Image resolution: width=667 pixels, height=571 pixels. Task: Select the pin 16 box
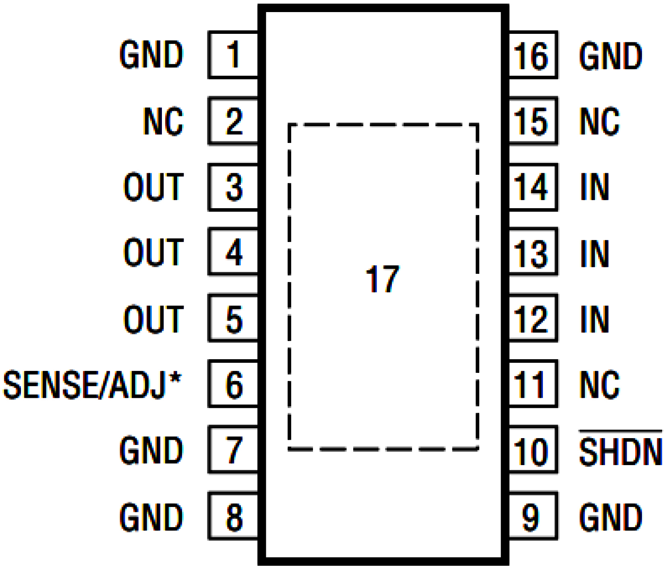pyautogui.click(x=532, y=55)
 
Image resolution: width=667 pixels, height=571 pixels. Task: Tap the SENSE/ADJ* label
pyautogui.click(x=92, y=385)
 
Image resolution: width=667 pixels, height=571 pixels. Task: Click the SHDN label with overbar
pyautogui.click(x=620, y=451)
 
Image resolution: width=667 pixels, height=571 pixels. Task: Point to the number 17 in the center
pyautogui.click(x=382, y=279)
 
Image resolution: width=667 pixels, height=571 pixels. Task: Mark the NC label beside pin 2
pyautogui.click(x=163, y=121)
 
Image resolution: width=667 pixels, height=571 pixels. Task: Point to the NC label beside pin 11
pyautogui.click(x=599, y=385)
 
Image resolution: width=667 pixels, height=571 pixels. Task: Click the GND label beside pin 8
pyautogui.click(x=151, y=517)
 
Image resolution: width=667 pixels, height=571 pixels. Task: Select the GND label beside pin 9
pyautogui.click(x=610, y=517)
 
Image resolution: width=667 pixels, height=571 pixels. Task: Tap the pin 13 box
pyautogui.click(x=532, y=252)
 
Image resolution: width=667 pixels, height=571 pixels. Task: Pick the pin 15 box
pyautogui.click(x=532, y=121)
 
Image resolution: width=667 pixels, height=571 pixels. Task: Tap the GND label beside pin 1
pyautogui.click(x=151, y=55)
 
